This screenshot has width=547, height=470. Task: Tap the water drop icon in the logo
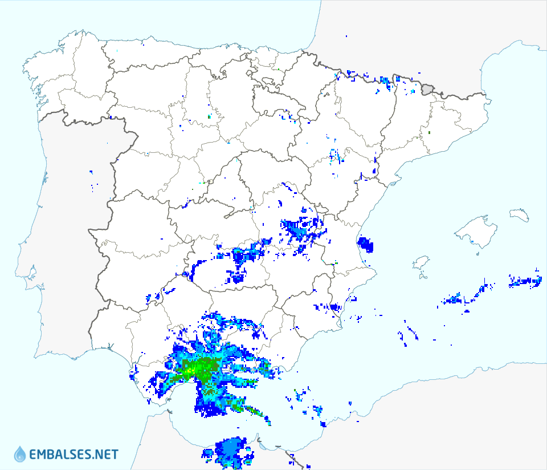[x=20, y=454]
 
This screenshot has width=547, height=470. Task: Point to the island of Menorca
[x=520, y=214]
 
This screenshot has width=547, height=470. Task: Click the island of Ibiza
[x=421, y=262]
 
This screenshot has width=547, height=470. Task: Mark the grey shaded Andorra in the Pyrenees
[x=428, y=89]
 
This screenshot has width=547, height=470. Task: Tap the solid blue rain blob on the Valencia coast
[x=365, y=245]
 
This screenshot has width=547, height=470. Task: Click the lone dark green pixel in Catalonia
[x=429, y=133]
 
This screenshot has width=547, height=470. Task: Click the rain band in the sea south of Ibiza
[x=462, y=298]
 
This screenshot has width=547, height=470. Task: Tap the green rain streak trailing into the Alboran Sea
[x=251, y=410]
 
